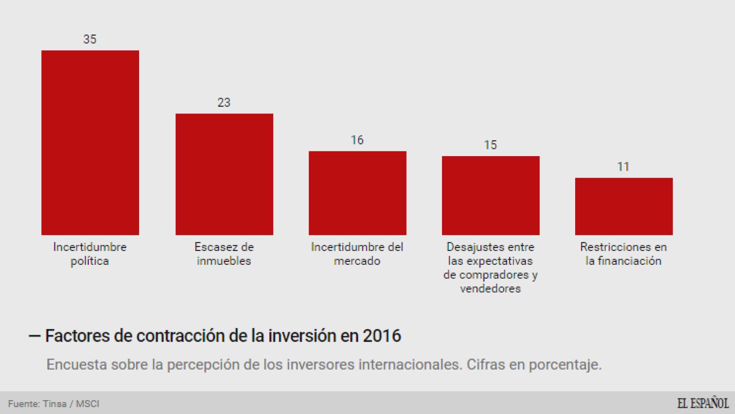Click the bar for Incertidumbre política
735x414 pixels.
[x=90, y=142]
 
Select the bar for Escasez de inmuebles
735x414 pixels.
[x=224, y=174]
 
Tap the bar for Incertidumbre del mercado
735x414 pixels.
[x=357, y=193]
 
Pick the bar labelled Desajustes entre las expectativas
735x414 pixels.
[x=490, y=195]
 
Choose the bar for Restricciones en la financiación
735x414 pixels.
[x=623, y=206]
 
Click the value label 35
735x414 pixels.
[x=90, y=39]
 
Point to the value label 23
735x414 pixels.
[x=224, y=103]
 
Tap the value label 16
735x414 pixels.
[x=357, y=140]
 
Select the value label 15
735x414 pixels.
[x=490, y=145]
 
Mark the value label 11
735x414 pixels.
[x=623, y=167]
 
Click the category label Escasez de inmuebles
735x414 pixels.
[x=224, y=254]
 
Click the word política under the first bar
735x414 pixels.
[x=90, y=261]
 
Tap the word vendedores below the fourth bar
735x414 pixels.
[x=490, y=289]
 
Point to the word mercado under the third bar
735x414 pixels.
[x=357, y=261]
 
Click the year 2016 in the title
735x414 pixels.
[x=382, y=336]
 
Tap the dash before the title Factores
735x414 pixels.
[x=34, y=336]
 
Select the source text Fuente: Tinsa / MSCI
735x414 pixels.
[x=53, y=404]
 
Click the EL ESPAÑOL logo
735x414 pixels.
[x=702, y=403]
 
